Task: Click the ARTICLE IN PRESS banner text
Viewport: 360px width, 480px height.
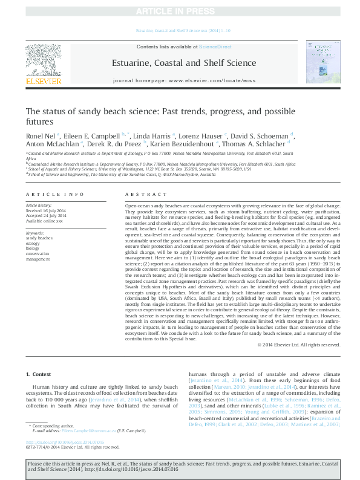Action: pos(180,11)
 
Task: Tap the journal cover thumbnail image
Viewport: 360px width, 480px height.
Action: pos(319,62)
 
